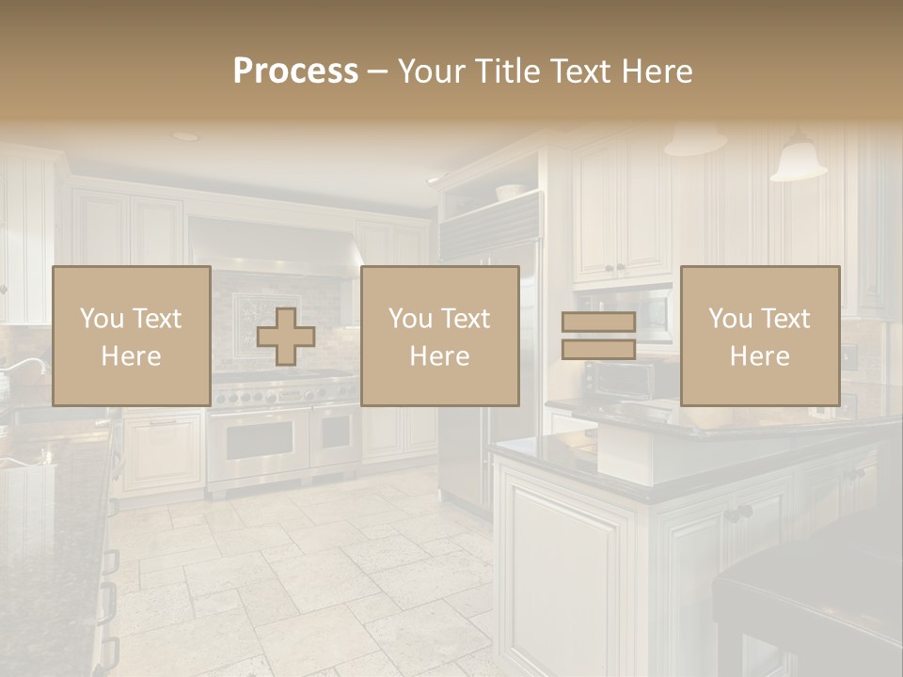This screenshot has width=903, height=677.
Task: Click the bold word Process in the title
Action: (x=295, y=71)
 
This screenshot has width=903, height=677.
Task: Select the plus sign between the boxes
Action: (x=286, y=337)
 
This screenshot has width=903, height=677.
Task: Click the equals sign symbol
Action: (x=598, y=336)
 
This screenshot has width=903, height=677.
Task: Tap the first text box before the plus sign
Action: (x=131, y=336)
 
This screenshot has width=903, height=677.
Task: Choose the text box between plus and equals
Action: (x=439, y=336)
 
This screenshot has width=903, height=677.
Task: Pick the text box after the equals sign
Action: (x=759, y=336)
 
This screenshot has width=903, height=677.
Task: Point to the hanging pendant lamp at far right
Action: (x=799, y=161)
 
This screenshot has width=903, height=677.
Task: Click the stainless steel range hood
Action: (x=273, y=246)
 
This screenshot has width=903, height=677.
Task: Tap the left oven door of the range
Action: (x=258, y=440)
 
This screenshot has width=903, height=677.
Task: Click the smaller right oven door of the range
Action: (x=335, y=435)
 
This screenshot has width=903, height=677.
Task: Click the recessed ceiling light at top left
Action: (x=185, y=136)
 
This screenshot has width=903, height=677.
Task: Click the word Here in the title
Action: (x=656, y=71)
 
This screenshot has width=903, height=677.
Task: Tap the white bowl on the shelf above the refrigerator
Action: (x=509, y=191)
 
